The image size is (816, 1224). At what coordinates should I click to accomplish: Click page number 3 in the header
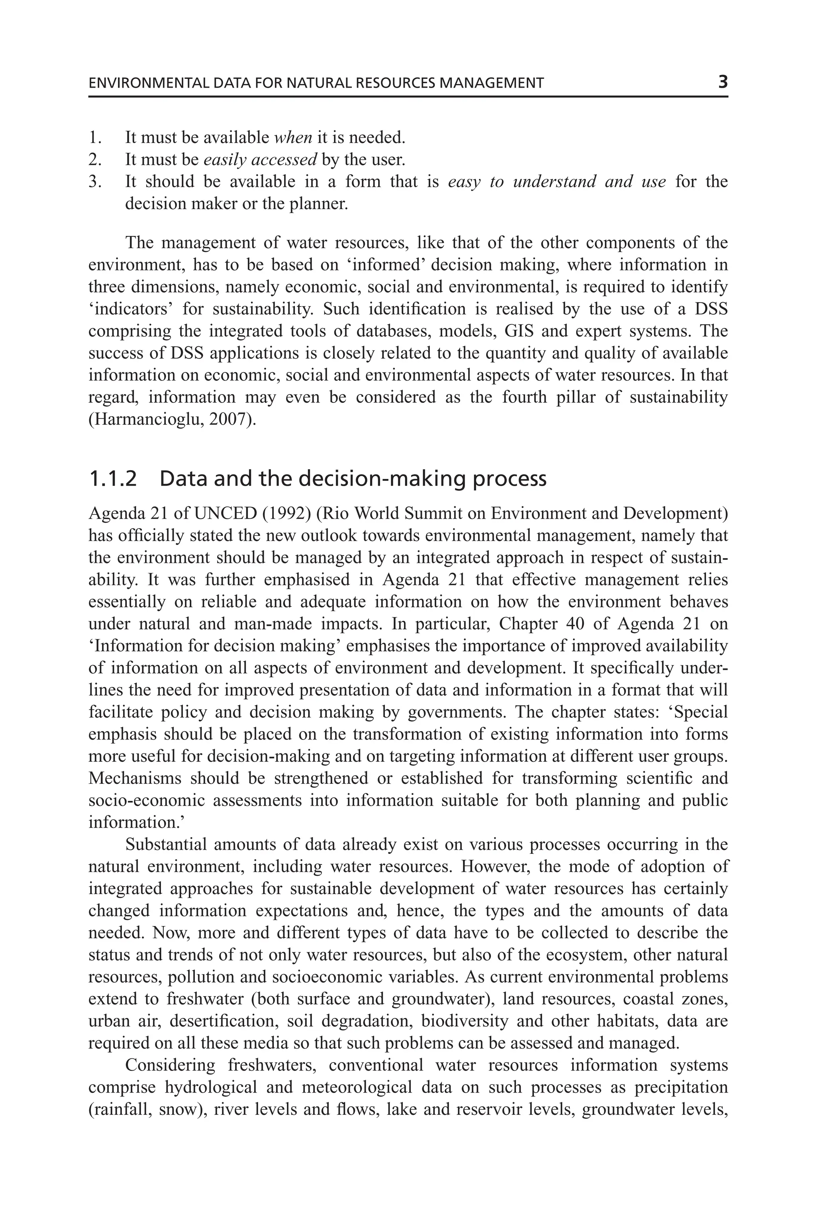(722, 82)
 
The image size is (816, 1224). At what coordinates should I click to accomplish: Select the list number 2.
(94, 159)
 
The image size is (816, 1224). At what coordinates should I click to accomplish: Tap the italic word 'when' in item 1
(292, 137)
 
